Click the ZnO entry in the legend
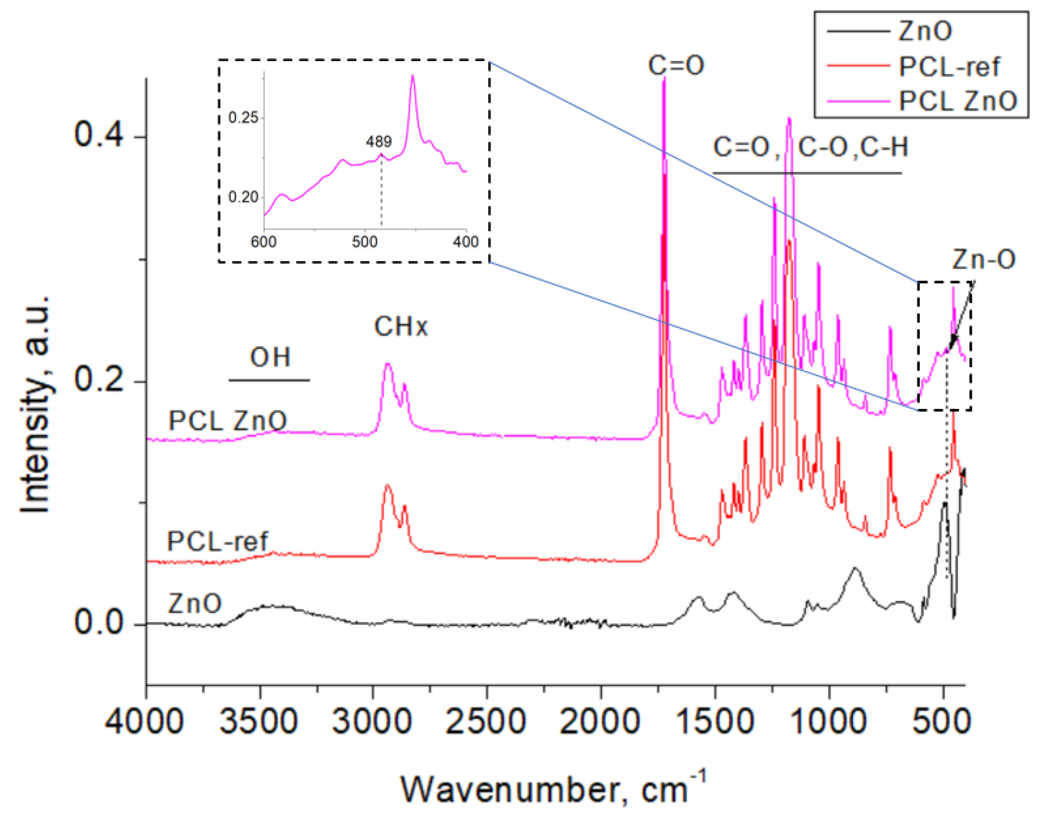pyautogui.click(x=925, y=31)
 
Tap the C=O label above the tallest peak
pyautogui.click(x=676, y=65)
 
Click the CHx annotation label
pyautogui.click(x=400, y=327)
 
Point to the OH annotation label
pyautogui.click(x=270, y=357)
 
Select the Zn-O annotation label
pyautogui.click(x=983, y=259)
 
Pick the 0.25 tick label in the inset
pyautogui.click(x=243, y=117)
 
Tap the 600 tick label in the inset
pyautogui.click(x=264, y=242)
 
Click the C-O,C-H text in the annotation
pyautogui.click(x=853, y=147)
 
